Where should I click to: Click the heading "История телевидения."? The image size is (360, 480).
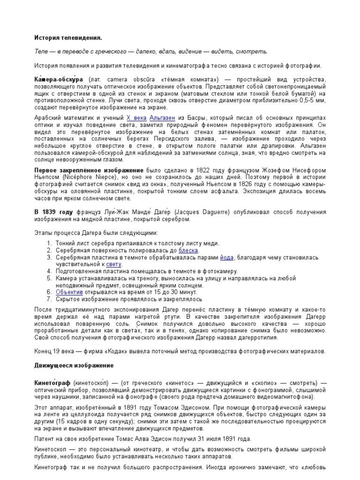tap(68, 37)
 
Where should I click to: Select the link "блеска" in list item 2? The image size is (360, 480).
tap(188, 251)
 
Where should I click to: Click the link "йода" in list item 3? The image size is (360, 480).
tap(227, 258)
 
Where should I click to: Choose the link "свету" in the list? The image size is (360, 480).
tap(114, 264)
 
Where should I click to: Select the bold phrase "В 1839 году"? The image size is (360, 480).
tap(53, 212)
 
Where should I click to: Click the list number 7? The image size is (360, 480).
tap(50, 299)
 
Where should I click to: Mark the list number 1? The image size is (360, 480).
tap(50, 244)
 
